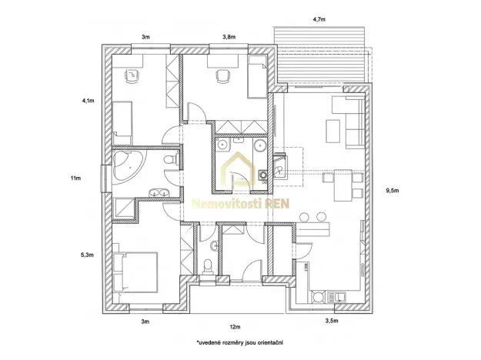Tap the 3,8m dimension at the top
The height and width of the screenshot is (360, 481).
click(229, 36)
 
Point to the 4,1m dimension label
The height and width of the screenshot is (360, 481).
click(87, 100)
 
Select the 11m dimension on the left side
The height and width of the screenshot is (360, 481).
click(75, 178)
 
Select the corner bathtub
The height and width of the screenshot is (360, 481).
click(126, 165)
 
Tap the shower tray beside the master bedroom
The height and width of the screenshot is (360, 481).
click(124, 209)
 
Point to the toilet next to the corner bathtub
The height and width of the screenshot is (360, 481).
click(173, 159)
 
